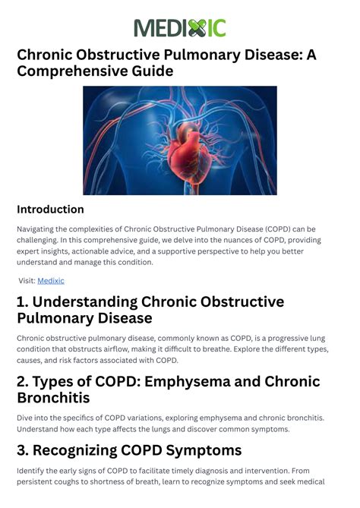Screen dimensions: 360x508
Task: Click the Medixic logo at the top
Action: [x=180, y=28]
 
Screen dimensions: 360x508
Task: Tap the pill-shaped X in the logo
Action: [x=197, y=28]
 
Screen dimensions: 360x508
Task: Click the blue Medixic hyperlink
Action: [x=51, y=281]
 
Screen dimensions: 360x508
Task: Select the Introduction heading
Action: [x=50, y=210]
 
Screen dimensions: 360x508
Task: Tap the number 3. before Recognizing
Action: [x=23, y=450]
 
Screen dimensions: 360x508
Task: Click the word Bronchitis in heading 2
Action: [x=53, y=398]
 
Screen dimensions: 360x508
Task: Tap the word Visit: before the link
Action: [x=27, y=281]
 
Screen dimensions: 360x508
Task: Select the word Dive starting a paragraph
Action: [x=24, y=418]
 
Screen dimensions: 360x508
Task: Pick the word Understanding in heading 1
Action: [x=85, y=302]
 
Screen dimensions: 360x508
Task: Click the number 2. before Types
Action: [x=23, y=382]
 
